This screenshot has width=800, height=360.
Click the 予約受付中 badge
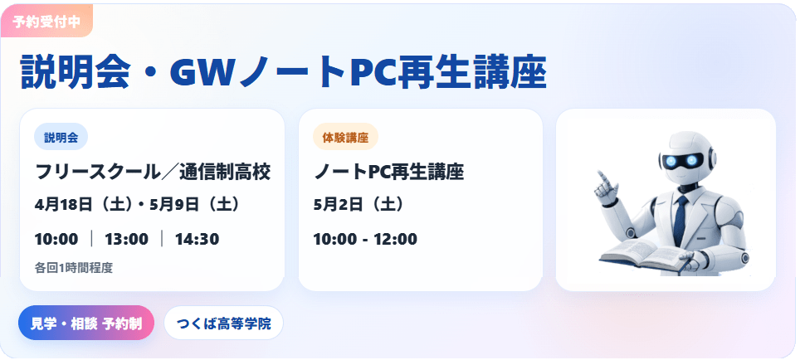coord(46,22)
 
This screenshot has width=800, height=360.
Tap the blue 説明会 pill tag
coord(61,138)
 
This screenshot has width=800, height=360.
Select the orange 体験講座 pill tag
coord(345,138)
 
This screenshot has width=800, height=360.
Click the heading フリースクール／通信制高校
coord(153,173)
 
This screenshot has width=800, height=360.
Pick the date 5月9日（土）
coord(194,205)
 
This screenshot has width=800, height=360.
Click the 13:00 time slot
coord(126,239)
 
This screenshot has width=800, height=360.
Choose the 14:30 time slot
coord(197,239)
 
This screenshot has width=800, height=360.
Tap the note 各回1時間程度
coord(74,267)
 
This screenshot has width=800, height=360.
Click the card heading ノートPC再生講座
coord(388,173)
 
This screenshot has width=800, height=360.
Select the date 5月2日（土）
coord(359,205)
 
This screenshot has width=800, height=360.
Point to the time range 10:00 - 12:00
coord(365,239)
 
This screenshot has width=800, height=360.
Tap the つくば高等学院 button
coord(223,323)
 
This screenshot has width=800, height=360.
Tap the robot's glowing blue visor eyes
coord(681,161)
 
